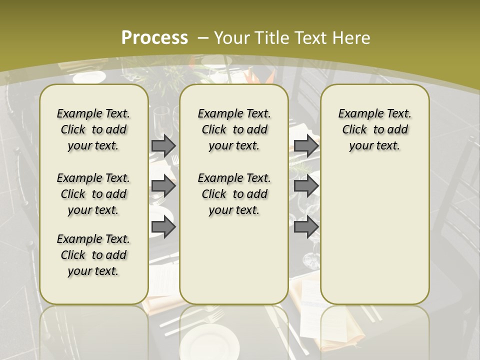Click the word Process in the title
154,38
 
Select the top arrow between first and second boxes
163,145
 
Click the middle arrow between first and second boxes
163,186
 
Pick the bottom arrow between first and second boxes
163,227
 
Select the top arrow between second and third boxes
306,145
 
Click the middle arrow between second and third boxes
306,186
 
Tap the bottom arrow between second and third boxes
306,227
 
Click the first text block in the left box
93,129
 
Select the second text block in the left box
93,194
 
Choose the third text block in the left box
93,255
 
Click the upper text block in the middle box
234,129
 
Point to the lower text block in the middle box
234,194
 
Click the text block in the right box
374,129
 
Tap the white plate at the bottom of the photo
210,342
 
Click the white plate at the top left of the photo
89,77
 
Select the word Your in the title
232,38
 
